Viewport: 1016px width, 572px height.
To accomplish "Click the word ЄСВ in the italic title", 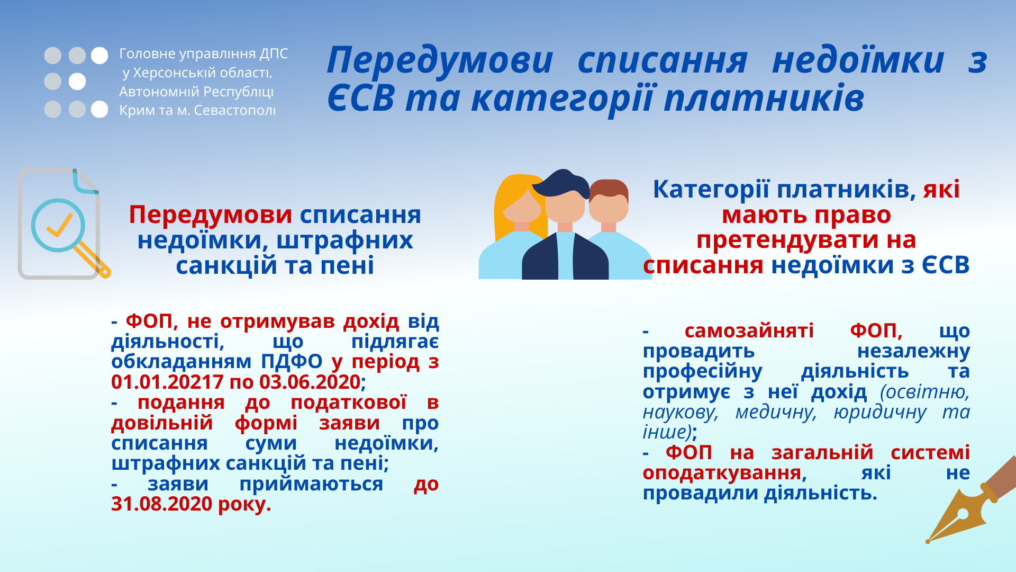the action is pos(361,98).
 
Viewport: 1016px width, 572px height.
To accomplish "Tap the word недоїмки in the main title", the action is pos(858,60).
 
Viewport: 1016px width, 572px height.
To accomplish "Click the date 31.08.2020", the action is pos(162,504).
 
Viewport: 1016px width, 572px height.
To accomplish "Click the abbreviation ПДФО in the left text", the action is pos(292,362).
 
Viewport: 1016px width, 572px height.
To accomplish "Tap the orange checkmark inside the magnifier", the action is pos(59,225).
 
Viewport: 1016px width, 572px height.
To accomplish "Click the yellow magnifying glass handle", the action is pos(92,259).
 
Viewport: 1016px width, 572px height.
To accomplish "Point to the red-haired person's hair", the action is pos(609,190).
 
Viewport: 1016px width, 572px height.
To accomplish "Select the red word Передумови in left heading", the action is pos(211,215).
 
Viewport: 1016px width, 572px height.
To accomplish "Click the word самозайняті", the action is pos(749,331).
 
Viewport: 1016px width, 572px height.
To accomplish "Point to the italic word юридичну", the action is pos(880,412).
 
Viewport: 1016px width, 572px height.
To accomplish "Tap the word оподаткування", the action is pos(724,473).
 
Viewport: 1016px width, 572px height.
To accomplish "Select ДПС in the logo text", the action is pos(274,54).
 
